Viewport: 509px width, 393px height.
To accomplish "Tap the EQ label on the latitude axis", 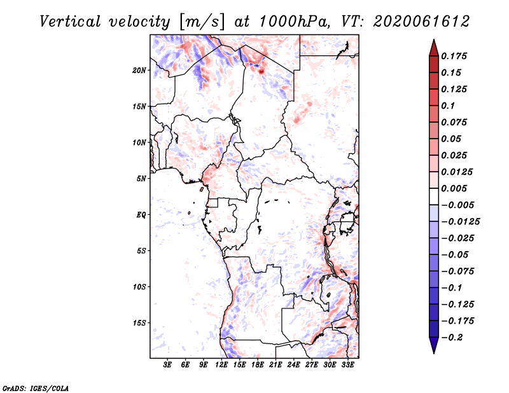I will (x=141, y=214).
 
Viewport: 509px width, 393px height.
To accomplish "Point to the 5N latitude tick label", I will (x=141, y=178).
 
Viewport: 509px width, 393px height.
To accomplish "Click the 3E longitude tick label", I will (x=168, y=366).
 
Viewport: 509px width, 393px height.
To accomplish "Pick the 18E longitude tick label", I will (x=258, y=366).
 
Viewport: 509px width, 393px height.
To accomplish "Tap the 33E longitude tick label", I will (x=347, y=366).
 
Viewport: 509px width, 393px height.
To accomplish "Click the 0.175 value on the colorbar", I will (x=456, y=56).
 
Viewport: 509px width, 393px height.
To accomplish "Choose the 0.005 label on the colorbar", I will (x=456, y=188).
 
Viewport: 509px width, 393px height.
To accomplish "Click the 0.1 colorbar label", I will (x=450, y=106).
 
